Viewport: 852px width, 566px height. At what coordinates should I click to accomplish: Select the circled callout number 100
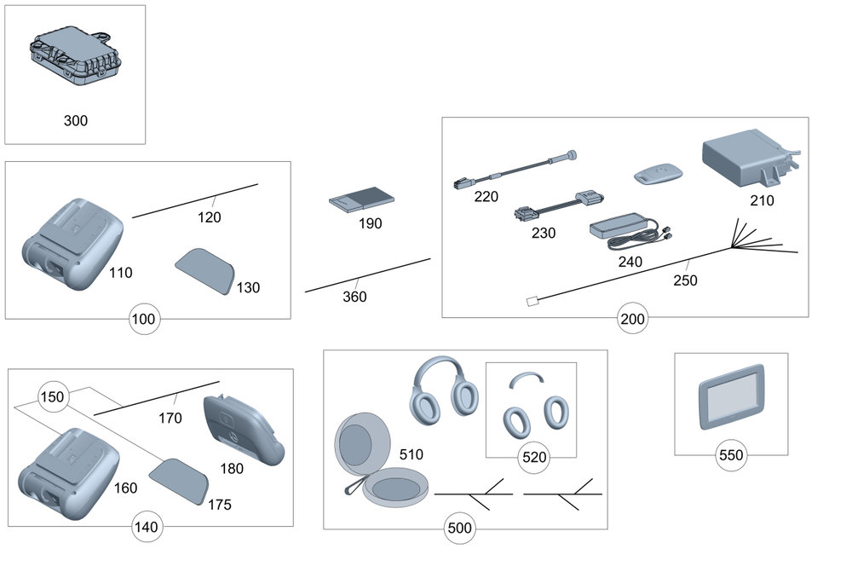(144, 320)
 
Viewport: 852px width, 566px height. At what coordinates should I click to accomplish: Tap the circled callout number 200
(632, 320)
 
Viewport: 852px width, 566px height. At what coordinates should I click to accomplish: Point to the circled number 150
(52, 397)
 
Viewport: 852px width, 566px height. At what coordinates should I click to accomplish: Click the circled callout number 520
(533, 457)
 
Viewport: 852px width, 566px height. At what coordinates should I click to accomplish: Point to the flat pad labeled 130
(205, 270)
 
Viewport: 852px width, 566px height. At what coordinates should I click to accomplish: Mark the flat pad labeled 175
(181, 478)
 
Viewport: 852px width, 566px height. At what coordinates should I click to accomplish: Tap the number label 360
(354, 297)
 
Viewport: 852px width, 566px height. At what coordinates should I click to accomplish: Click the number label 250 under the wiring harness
(684, 280)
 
